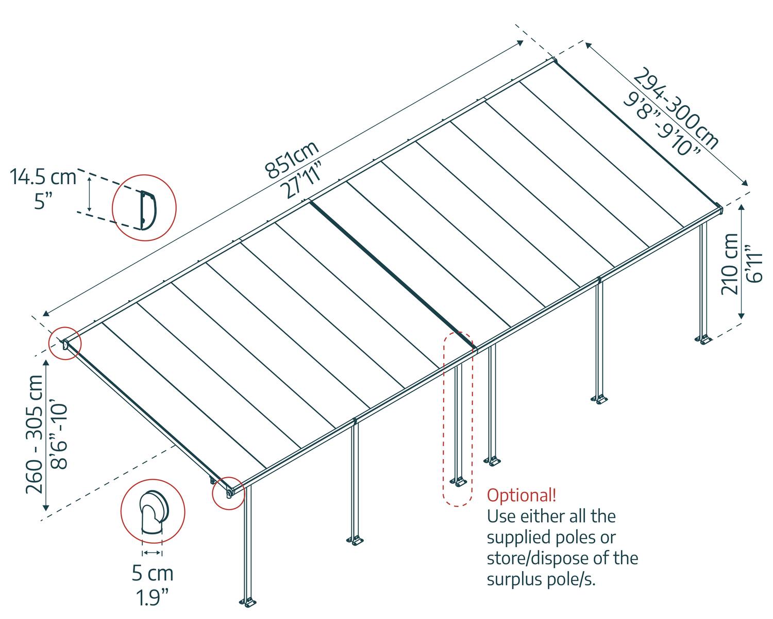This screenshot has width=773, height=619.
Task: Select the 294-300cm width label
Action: pyautogui.click(x=676, y=109)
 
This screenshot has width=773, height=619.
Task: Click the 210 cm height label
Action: pyautogui.click(x=730, y=264)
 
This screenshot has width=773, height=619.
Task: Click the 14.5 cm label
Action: pyautogui.click(x=43, y=177)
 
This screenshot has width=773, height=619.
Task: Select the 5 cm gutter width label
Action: pyautogui.click(x=153, y=573)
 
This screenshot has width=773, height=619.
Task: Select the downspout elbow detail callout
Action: pyautogui.click(x=152, y=511)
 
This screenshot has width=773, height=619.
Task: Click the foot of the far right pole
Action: pyautogui.click(x=704, y=339)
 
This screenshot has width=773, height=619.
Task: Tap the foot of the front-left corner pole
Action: pyautogui.click(x=248, y=602)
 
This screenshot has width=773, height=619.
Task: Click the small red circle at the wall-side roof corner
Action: pyautogui.click(x=65, y=343)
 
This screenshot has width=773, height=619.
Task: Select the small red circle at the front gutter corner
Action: pyautogui.click(x=228, y=493)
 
